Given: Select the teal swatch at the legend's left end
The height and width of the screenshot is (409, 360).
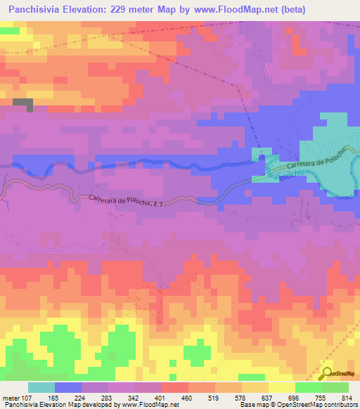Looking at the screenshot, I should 41,387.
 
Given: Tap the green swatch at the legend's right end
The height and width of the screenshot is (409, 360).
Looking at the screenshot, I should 335,387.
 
